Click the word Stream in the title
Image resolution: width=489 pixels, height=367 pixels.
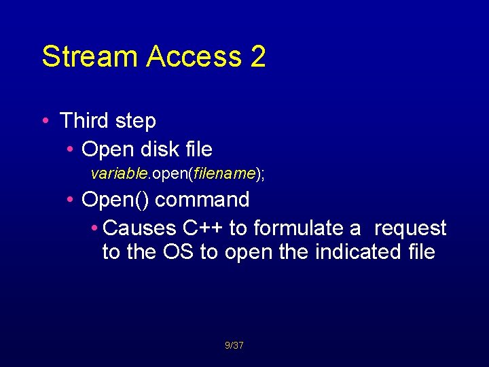84,56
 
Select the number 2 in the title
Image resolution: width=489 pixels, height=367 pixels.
258,56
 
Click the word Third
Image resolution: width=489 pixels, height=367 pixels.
84,121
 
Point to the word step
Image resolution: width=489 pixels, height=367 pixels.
135,121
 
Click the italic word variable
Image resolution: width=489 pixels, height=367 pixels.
119,174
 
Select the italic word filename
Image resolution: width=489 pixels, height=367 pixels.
223,174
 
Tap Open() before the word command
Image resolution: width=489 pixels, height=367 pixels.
115,200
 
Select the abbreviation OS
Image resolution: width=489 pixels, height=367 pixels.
179,252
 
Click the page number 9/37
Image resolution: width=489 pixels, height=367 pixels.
234,346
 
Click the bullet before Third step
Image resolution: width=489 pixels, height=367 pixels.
45,121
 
